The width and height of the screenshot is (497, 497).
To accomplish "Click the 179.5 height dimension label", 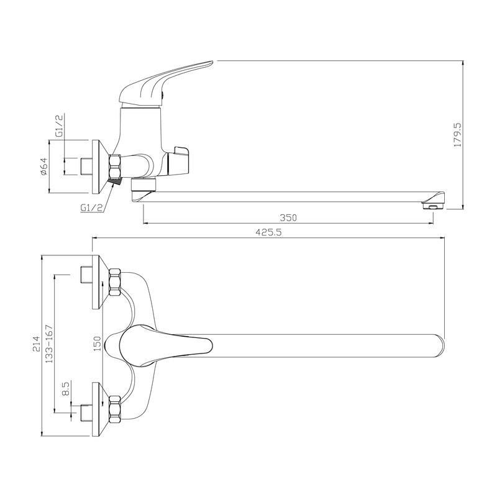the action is pos(458,135).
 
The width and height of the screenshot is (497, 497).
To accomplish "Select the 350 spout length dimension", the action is pos(288,218).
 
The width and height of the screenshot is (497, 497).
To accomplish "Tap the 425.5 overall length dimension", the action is pos(268,232).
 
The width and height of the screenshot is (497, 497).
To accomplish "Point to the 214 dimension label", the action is pos(36,344).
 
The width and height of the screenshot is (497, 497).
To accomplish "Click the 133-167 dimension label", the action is pos(50,344).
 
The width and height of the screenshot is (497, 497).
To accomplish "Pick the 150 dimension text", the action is pos(98,344).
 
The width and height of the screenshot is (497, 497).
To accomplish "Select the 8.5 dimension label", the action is pos(66,389).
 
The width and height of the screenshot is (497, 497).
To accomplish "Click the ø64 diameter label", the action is pos(43,166).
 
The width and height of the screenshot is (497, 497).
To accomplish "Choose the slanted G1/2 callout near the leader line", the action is pos(91,207).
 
